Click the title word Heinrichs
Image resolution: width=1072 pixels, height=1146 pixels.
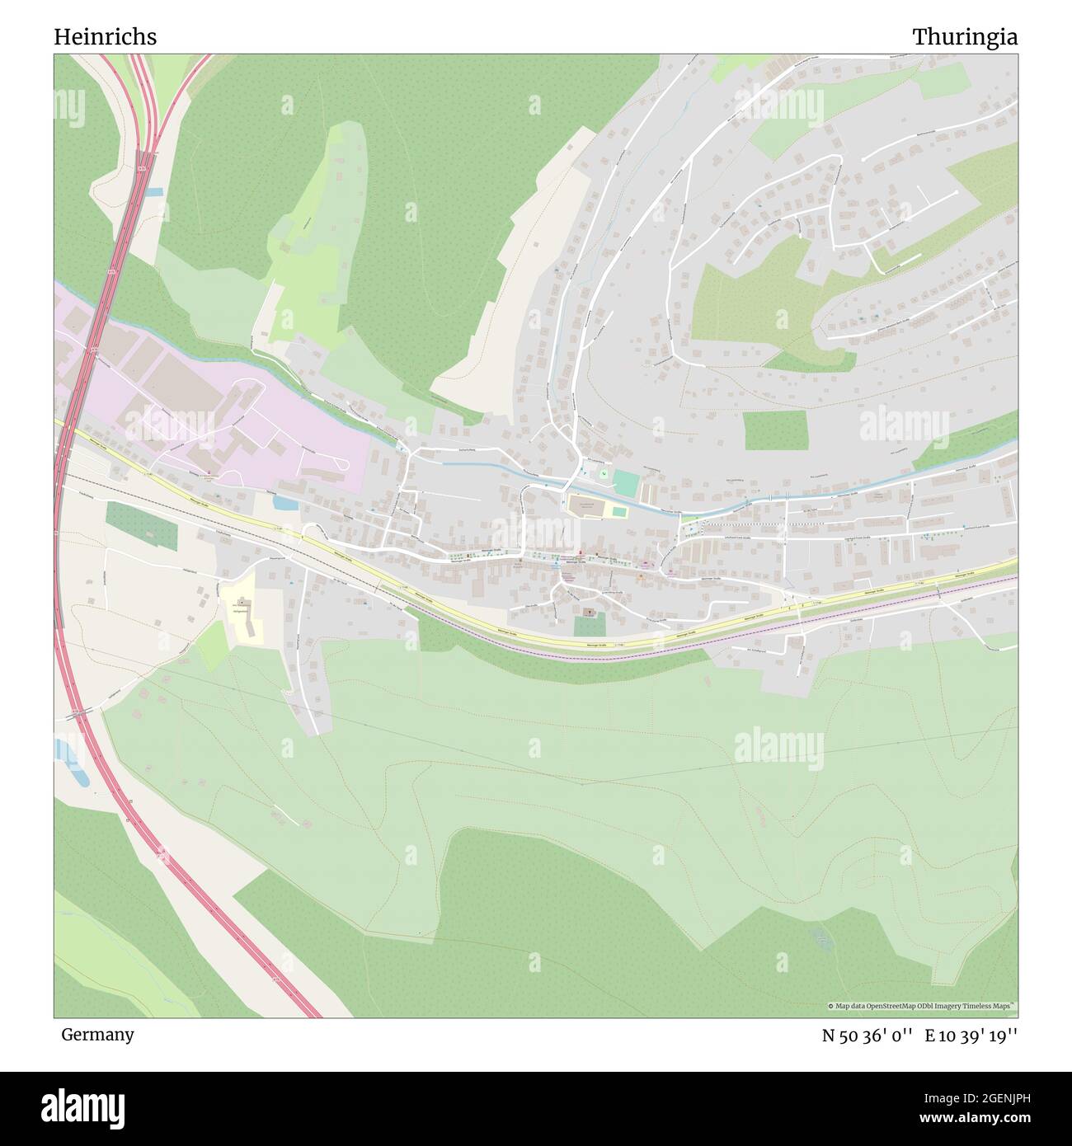[x=105, y=37]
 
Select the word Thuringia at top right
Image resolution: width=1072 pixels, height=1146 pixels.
[x=964, y=37]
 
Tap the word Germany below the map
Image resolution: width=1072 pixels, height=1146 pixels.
[x=97, y=1035]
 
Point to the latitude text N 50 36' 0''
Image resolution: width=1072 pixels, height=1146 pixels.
[x=868, y=1036]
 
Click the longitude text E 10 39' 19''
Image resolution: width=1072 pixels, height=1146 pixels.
[x=971, y=1036]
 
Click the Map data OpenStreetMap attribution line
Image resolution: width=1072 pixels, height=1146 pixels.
[x=922, y=1006]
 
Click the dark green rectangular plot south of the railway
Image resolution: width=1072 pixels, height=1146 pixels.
[x=141, y=525]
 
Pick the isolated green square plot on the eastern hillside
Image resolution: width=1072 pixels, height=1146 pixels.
[x=775, y=430]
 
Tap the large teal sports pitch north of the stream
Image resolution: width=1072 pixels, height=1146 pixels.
[x=626, y=483]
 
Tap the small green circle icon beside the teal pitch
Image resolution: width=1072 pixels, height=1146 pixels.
[x=603, y=474]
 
